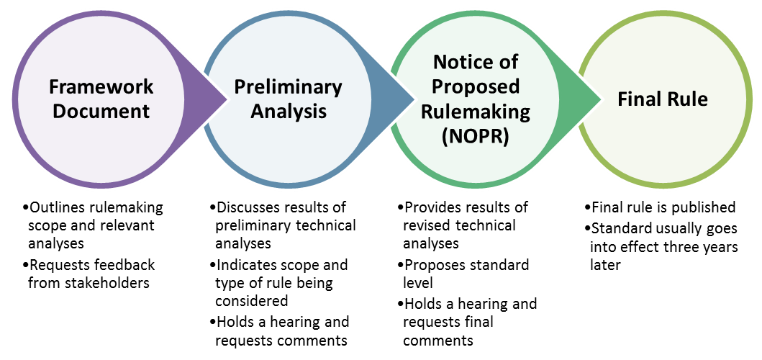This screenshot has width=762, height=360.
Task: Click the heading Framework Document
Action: click(x=101, y=99)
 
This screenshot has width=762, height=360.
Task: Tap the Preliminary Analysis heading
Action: click(x=289, y=99)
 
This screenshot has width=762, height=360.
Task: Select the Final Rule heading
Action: click(x=663, y=99)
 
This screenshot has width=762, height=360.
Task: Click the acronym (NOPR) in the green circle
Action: click(x=476, y=137)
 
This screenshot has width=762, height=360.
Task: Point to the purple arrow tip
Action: click(x=227, y=100)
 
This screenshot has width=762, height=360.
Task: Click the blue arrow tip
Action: click(x=414, y=100)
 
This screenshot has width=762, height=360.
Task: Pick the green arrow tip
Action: click(x=601, y=100)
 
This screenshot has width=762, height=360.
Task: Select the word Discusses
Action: click(x=247, y=207)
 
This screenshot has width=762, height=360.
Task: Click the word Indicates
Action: click(x=245, y=265)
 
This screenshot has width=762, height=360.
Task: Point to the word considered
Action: click(x=252, y=301)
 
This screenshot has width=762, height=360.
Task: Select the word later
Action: click(x=606, y=265)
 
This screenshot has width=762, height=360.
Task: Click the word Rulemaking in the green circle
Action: click(x=476, y=112)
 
